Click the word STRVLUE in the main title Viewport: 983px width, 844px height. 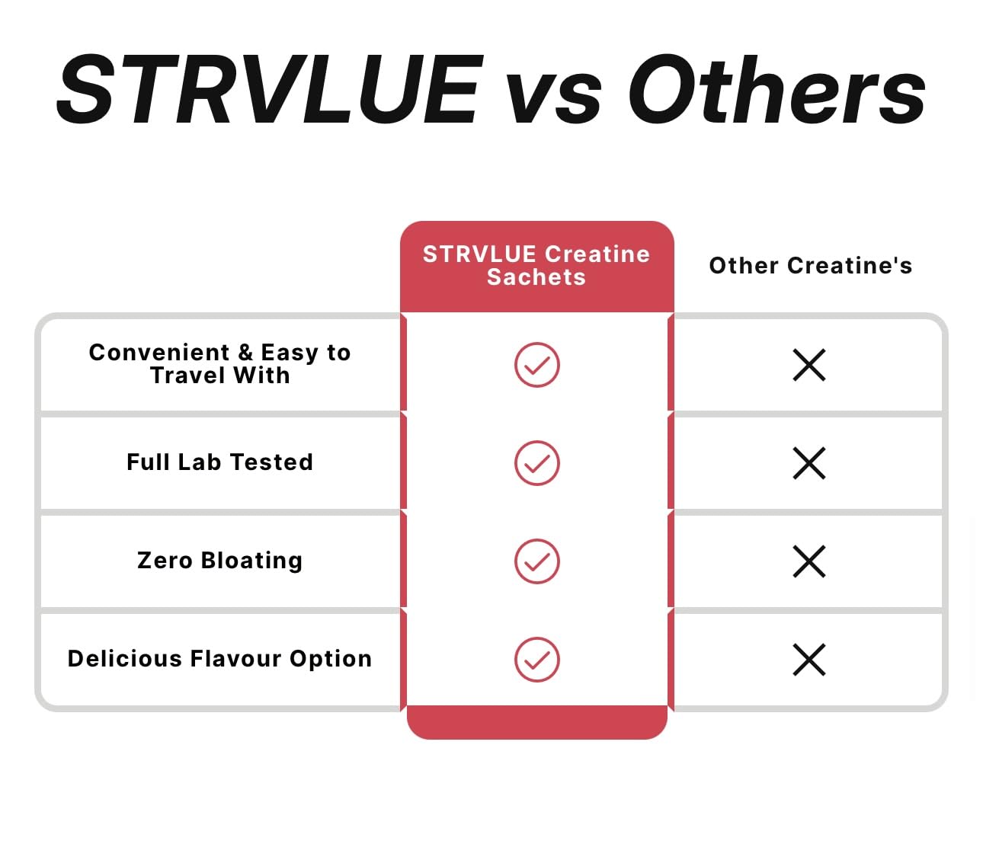(271, 90)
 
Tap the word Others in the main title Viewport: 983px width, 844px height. (776, 90)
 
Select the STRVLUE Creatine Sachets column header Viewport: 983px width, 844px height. (536, 265)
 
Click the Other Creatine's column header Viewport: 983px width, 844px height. (810, 265)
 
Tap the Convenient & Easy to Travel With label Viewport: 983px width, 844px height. (219, 363)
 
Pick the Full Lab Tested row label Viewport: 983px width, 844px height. (219, 462)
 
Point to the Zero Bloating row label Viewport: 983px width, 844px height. (219, 560)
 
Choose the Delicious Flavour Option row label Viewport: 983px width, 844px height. (219, 658)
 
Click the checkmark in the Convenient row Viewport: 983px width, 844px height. (537, 365)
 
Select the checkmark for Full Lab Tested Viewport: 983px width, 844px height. (537, 463)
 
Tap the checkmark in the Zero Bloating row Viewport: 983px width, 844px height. (537, 561)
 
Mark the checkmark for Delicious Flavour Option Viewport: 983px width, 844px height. (537, 660)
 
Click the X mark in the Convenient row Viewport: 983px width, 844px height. (809, 365)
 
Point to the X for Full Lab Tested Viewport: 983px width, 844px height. (809, 463)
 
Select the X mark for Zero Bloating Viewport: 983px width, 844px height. (809, 561)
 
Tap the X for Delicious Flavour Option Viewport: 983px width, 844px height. (809, 660)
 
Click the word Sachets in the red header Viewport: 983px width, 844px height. (536, 277)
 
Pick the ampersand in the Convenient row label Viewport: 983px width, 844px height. (245, 353)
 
